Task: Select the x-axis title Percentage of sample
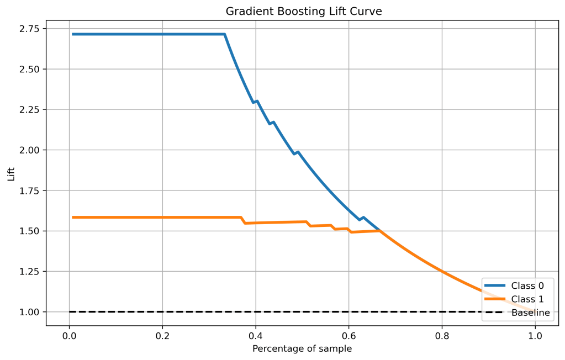302,349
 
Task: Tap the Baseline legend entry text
531,313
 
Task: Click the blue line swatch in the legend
495,286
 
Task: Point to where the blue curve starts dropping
224,34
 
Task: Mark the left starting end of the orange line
73,217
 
